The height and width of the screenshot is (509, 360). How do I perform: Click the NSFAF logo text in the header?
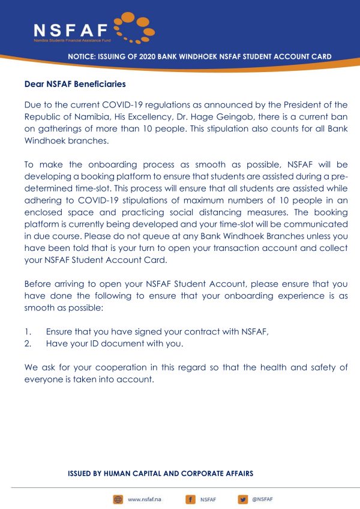pyautogui.click(x=70, y=29)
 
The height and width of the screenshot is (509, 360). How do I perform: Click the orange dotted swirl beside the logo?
pyautogui.click(x=133, y=27)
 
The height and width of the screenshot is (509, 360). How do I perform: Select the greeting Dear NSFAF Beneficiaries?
pyautogui.click(x=75, y=84)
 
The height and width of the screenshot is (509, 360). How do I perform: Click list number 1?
pyautogui.click(x=27, y=331)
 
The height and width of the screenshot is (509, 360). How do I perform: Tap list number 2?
pyautogui.click(x=27, y=343)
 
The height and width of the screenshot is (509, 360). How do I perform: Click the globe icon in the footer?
pyautogui.click(x=118, y=499)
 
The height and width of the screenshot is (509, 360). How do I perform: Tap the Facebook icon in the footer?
pyautogui.click(x=190, y=499)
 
